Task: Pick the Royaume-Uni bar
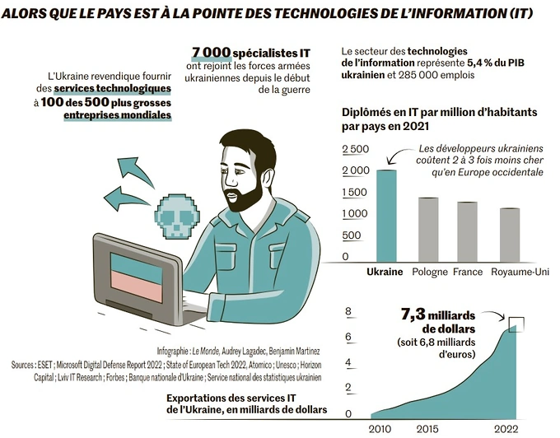click(x=509, y=234)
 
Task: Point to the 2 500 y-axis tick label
click(x=355, y=148)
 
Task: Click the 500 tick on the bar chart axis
click(x=350, y=235)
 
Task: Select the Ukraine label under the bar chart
click(x=384, y=272)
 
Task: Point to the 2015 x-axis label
click(x=427, y=429)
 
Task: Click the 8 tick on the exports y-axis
click(x=348, y=311)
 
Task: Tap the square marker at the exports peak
click(x=516, y=324)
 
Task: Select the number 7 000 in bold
click(x=211, y=53)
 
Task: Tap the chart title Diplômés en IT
click(x=404, y=113)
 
